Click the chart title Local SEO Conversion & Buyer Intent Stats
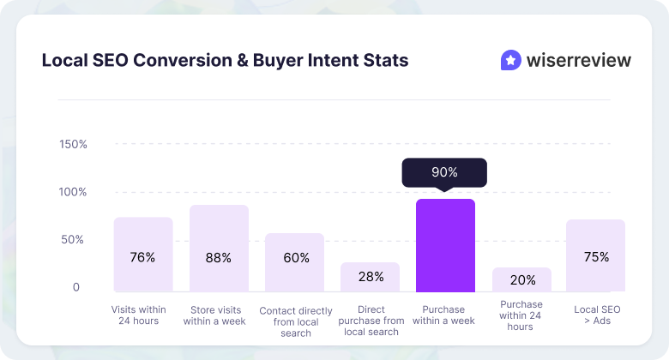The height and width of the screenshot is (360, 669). click(225, 61)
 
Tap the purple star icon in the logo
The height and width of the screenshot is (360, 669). click(510, 60)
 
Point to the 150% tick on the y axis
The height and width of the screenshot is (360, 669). click(73, 144)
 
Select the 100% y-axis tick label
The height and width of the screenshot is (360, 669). click(73, 192)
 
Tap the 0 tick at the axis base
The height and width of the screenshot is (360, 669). click(75, 288)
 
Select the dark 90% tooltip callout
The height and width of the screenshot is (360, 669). click(444, 173)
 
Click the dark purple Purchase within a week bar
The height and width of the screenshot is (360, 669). click(445, 246)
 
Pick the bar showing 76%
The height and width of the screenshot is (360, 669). click(143, 255)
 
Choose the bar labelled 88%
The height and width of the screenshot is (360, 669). click(219, 249)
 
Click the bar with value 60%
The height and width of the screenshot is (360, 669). click(294, 262)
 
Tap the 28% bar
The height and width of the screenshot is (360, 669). click(370, 277)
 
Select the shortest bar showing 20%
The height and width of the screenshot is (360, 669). click(521, 279)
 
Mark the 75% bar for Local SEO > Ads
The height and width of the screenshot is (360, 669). click(596, 255)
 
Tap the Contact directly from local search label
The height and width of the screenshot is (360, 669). click(294, 321)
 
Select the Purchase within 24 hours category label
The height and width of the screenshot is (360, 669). click(521, 315)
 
